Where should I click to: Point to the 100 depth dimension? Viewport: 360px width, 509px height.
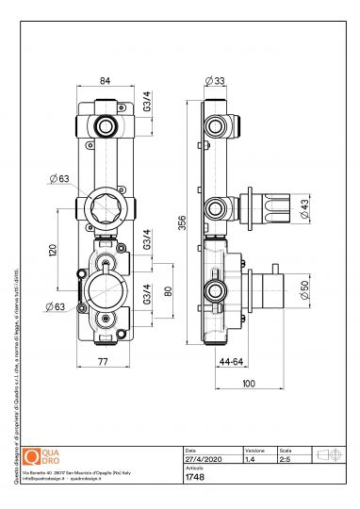[x=249, y=385]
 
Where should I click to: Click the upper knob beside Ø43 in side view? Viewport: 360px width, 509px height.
[x=273, y=205]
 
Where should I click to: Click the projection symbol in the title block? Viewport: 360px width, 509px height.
[x=326, y=455]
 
